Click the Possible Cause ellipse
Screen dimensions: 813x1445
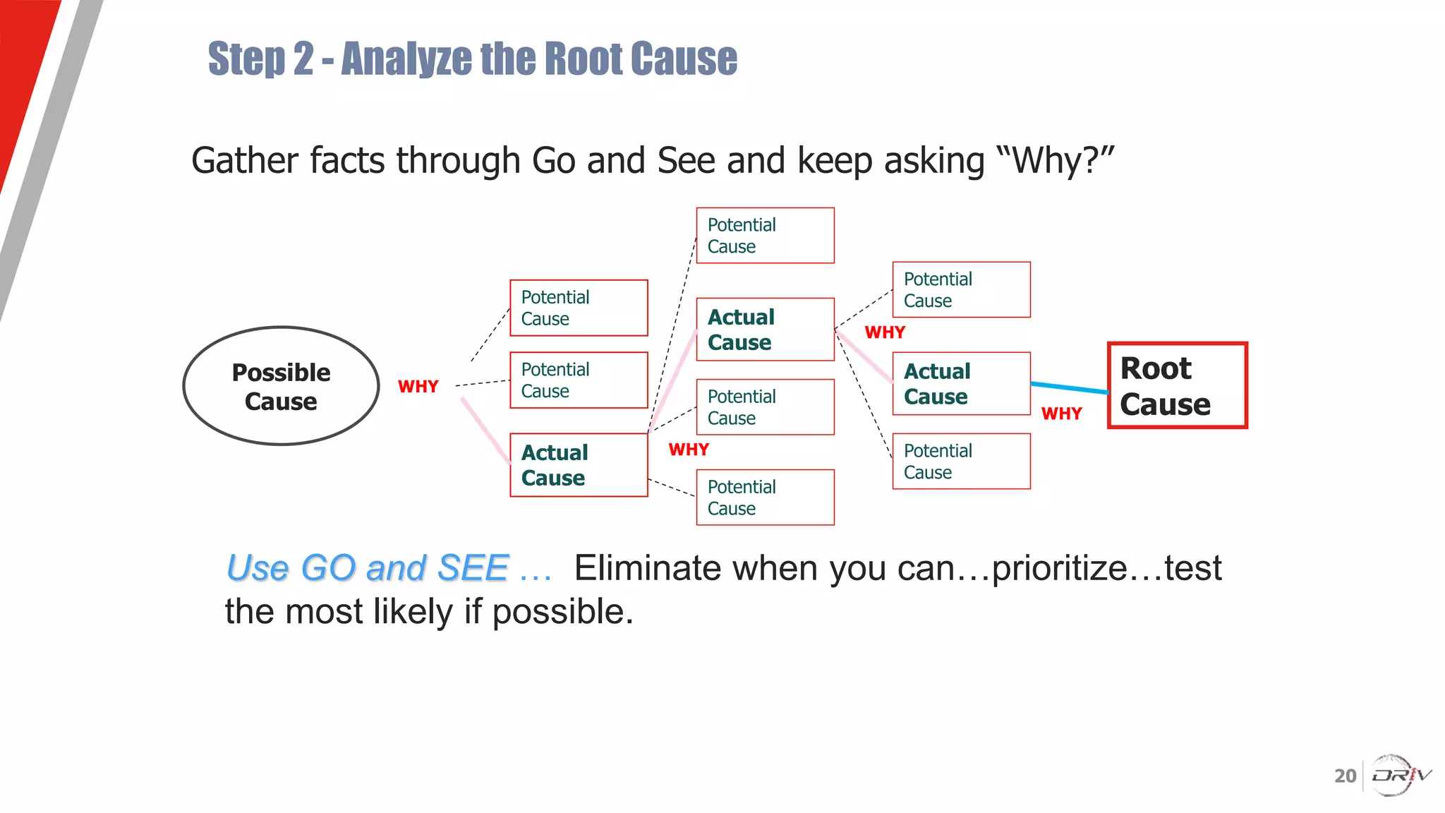pyautogui.click(x=281, y=386)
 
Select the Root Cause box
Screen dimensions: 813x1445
pyautogui.click(x=1177, y=385)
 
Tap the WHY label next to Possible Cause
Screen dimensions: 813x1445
pyautogui.click(x=418, y=387)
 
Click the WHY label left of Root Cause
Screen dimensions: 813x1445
pyautogui.click(x=1061, y=414)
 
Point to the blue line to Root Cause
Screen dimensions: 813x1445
pyautogui.click(x=1069, y=387)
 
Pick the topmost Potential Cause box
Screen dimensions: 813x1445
pyautogui.click(x=765, y=236)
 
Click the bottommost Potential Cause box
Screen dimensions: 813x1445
pyautogui.click(x=765, y=498)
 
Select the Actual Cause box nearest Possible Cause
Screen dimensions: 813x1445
pyautogui.click(x=579, y=465)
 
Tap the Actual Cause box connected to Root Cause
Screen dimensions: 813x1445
pyautogui.click(x=961, y=384)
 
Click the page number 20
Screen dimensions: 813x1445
pyautogui.click(x=1345, y=776)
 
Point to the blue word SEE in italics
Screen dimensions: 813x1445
pyautogui.click(x=472, y=568)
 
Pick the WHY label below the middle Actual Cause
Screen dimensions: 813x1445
pyautogui.click(x=689, y=450)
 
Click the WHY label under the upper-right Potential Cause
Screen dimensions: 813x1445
pyautogui.click(x=885, y=332)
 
